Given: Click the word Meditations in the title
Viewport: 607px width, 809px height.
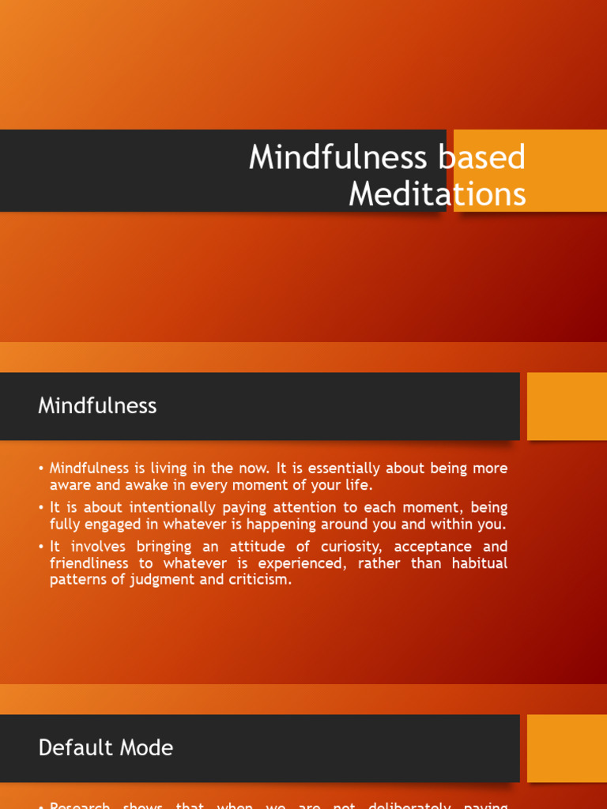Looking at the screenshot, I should click(x=437, y=194).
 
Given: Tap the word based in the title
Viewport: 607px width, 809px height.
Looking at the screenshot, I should click(x=480, y=157).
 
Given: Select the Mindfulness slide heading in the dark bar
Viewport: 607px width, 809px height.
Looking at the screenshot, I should click(x=97, y=406).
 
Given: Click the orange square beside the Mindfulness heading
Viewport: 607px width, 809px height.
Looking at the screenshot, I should click(x=567, y=406).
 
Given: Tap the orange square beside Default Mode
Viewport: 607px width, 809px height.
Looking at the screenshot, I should click(x=567, y=748).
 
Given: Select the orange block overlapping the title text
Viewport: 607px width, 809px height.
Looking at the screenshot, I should click(x=530, y=171).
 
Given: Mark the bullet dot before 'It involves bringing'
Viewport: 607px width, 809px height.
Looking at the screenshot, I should click(x=40, y=547).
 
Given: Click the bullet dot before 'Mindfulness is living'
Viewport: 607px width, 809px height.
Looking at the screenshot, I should click(x=40, y=468).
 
